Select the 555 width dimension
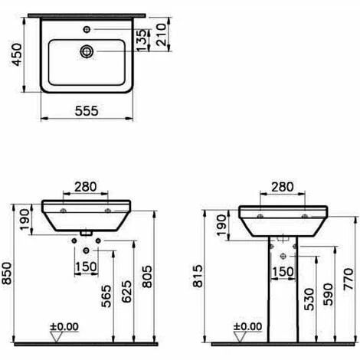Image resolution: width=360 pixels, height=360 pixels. pyautogui.click(x=85, y=110)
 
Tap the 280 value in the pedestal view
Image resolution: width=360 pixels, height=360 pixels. pyautogui.click(x=281, y=187)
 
